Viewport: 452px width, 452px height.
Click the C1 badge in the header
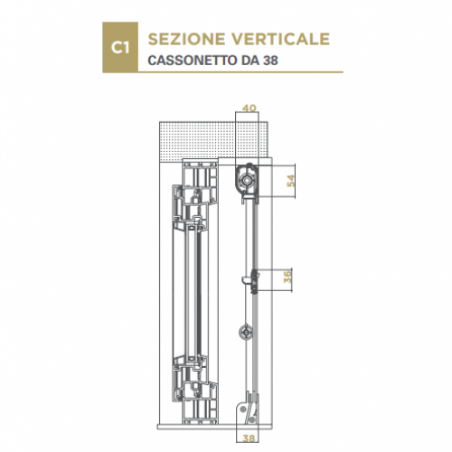point(120,47)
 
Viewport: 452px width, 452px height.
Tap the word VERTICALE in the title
point(281,39)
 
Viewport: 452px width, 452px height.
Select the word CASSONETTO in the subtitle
point(193,61)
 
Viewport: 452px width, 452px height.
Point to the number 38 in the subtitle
point(270,61)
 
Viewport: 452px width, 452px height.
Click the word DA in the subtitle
point(250,61)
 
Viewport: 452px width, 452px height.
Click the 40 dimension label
point(249,108)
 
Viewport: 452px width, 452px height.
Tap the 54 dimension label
point(291,181)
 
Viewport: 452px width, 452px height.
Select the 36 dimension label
point(288,277)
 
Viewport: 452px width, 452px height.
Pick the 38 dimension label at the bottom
point(249,438)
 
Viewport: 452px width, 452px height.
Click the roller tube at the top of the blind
point(247,180)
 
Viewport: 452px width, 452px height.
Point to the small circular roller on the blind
point(247,332)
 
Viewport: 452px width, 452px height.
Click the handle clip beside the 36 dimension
point(252,281)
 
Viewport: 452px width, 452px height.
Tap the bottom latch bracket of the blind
point(250,409)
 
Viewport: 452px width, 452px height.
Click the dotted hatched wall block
point(213,139)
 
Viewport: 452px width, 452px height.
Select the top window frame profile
point(196,193)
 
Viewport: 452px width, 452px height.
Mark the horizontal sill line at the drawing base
point(215,427)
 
